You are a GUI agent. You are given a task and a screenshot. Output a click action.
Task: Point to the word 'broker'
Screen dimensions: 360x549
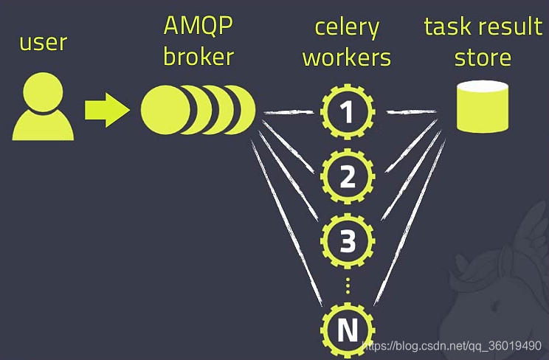pos(198,57)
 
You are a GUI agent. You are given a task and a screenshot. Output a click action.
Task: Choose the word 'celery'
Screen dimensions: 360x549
pos(347,28)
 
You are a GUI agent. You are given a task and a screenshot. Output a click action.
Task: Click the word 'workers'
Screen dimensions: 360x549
pos(347,57)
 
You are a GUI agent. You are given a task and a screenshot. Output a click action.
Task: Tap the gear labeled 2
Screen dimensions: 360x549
pos(348,176)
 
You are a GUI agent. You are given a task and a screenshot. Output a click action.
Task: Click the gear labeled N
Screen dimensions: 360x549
pos(348,330)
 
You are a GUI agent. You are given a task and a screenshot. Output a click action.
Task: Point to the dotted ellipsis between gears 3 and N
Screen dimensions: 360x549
pos(348,286)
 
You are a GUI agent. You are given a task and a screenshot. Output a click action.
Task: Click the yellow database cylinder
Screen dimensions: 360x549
pos(483,108)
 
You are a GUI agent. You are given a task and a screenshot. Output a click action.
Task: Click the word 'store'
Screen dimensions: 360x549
pos(483,57)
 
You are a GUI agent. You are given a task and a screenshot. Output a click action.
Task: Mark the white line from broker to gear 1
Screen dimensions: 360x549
pos(291,112)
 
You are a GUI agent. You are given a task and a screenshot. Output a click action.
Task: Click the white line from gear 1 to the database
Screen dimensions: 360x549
pos(411,111)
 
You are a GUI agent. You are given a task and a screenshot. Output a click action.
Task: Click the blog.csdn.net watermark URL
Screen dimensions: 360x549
pos(454,346)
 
